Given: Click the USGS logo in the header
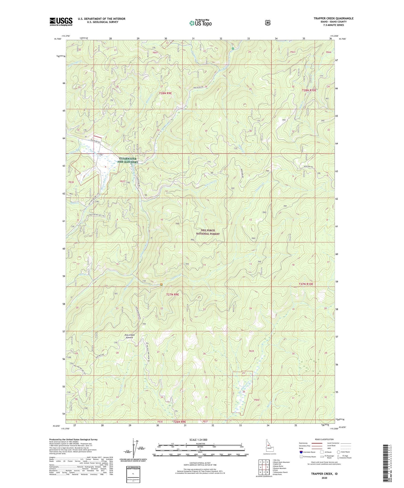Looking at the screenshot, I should click(x=61, y=22).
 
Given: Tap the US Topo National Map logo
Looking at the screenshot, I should click(x=200, y=23).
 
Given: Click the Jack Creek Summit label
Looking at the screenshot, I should click(x=129, y=336).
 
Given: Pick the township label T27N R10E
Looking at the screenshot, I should click(x=306, y=284).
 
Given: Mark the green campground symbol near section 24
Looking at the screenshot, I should click(x=232, y=49).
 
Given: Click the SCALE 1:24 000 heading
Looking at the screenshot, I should click(x=198, y=440).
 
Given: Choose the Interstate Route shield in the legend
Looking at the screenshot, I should click(x=301, y=452).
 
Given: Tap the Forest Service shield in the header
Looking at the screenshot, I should click(x=268, y=22).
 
